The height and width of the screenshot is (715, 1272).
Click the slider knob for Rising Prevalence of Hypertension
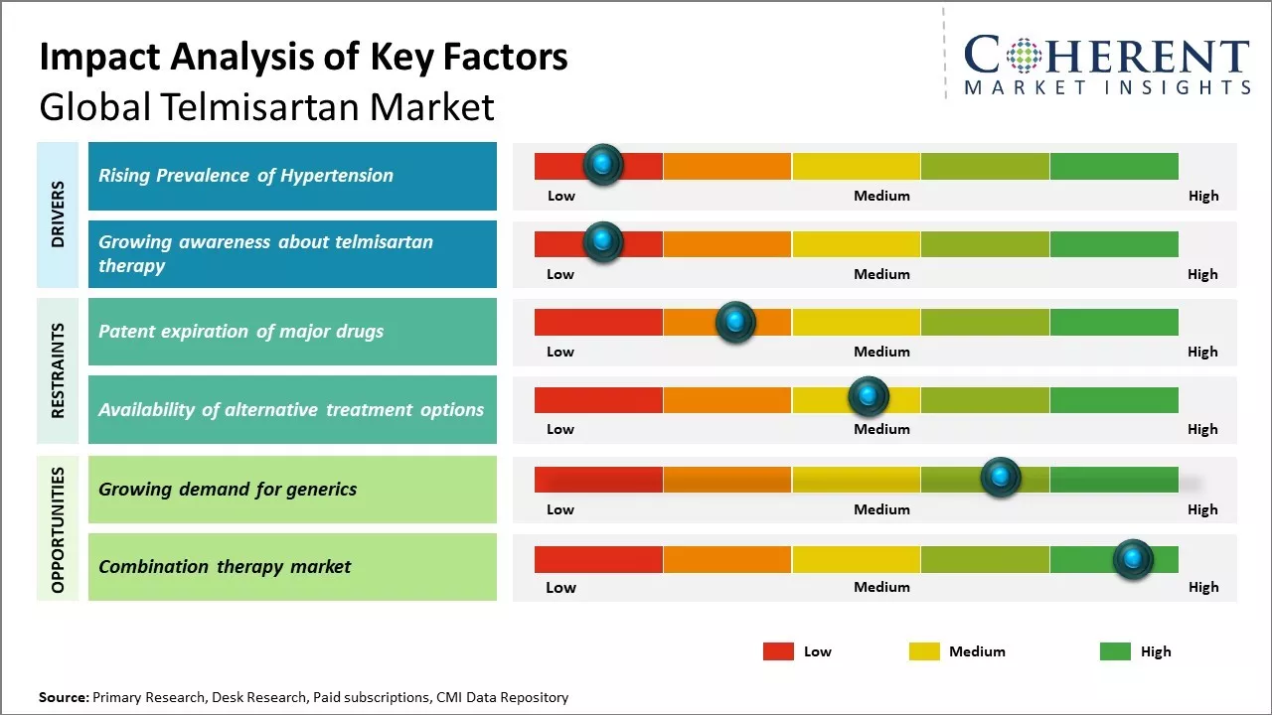click(602, 164)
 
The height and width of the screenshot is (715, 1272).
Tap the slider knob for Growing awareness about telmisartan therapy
click(602, 241)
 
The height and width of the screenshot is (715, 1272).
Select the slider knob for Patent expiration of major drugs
click(735, 321)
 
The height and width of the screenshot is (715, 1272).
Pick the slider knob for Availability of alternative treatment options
click(869, 397)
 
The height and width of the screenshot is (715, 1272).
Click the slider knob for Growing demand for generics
click(1001, 478)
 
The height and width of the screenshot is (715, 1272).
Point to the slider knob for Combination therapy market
click(1133, 559)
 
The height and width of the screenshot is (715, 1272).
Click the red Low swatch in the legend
click(778, 651)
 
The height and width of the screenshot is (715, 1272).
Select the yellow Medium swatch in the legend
click(924, 651)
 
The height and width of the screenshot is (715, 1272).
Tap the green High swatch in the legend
click(1115, 651)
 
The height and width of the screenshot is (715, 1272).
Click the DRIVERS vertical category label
click(57, 214)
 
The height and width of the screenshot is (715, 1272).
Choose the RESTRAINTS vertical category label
click(57, 370)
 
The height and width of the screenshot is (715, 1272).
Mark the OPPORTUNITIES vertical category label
click(57, 529)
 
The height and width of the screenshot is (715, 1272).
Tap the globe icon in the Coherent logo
click(1024, 56)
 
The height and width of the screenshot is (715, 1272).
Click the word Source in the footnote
click(63, 697)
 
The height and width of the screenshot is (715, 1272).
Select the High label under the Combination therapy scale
click(1202, 587)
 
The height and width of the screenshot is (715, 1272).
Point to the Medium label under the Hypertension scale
click(881, 196)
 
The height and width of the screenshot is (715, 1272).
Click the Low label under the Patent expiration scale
click(560, 352)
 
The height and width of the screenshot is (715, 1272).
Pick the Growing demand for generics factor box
click(292, 489)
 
